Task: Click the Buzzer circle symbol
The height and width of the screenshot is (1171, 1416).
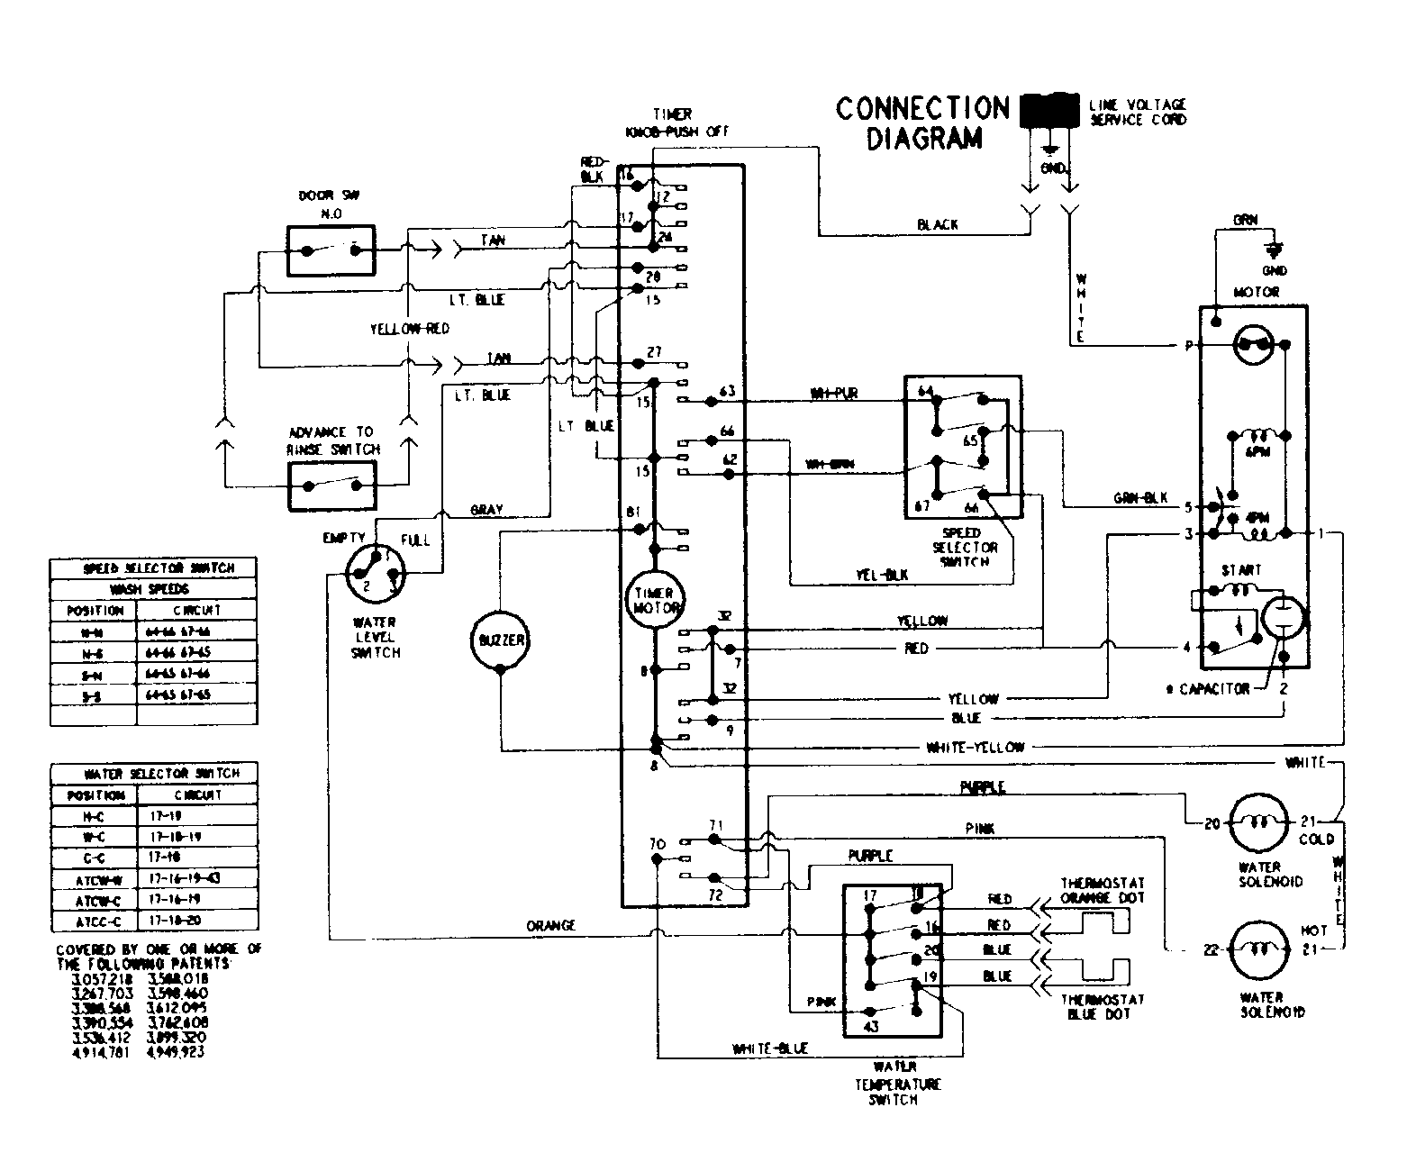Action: [499, 640]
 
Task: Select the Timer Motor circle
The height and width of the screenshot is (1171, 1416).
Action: [655, 601]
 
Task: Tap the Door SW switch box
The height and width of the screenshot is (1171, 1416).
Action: [331, 250]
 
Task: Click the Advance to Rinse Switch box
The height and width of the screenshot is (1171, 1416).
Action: [332, 486]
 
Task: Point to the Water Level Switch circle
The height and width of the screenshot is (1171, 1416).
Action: [376, 574]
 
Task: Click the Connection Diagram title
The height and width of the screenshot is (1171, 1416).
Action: [922, 123]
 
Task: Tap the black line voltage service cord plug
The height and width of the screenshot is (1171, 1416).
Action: [1049, 109]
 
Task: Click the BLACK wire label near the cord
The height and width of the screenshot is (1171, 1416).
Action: [937, 224]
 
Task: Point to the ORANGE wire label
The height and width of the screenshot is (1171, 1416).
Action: [551, 926]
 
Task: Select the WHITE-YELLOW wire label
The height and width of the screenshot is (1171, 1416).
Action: [976, 747]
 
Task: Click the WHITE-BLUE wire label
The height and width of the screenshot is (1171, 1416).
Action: [770, 1048]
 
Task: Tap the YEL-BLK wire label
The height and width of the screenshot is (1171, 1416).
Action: [883, 575]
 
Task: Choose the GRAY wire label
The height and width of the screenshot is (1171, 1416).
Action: [486, 510]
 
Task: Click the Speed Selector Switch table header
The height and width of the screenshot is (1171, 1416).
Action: [153, 568]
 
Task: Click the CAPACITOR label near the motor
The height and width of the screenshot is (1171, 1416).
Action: [1208, 688]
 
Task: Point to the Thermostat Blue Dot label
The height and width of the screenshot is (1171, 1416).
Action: [1102, 1006]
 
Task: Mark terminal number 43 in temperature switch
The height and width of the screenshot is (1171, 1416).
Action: [870, 1026]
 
